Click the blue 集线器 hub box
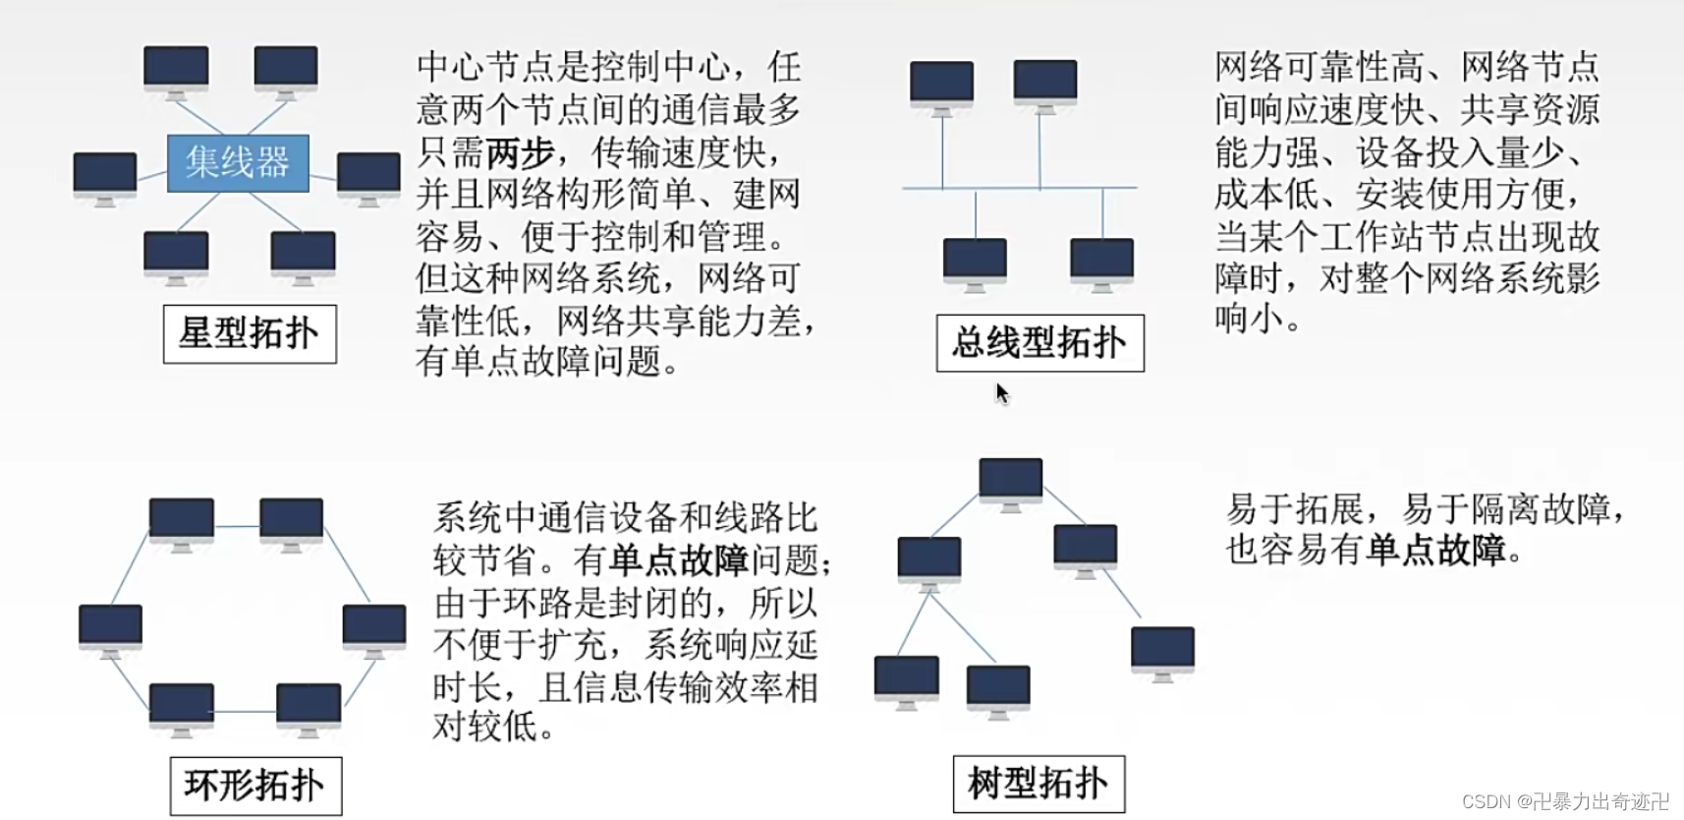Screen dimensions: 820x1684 click(x=238, y=162)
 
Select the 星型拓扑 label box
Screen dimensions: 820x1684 click(x=250, y=334)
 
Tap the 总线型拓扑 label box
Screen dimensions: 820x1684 click(x=1039, y=343)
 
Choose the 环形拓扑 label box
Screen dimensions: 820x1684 click(x=255, y=786)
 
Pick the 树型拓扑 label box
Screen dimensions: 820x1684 click(x=1038, y=784)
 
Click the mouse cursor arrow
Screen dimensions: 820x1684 click(x=1001, y=393)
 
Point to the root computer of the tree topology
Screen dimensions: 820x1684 click(x=1010, y=480)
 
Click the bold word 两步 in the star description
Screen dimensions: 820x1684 click(x=520, y=152)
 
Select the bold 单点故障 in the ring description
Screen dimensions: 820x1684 click(x=679, y=560)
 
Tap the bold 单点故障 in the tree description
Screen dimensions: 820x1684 click(x=1435, y=550)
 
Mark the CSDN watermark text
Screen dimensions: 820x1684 click(x=1565, y=801)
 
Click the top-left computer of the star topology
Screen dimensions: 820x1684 click(x=176, y=69)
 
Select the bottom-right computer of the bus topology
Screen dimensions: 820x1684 click(x=1101, y=261)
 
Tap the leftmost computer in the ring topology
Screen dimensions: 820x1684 click(x=110, y=626)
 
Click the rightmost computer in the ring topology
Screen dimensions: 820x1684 click(x=374, y=626)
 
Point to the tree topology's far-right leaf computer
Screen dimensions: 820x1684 click(x=1162, y=649)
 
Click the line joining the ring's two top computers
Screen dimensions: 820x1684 click(x=237, y=526)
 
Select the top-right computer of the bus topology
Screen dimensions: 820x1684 click(x=1044, y=83)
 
